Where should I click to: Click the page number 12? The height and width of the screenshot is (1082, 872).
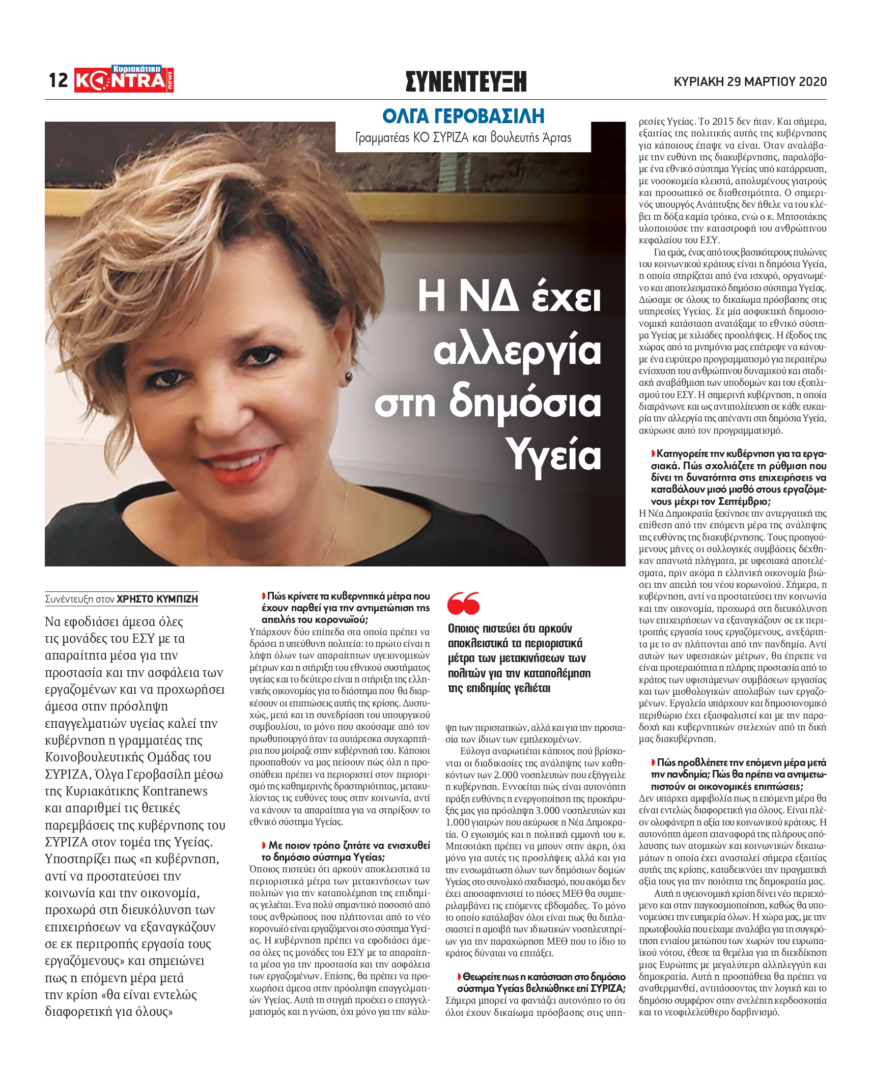58,80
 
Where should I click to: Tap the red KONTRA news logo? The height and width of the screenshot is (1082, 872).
124,79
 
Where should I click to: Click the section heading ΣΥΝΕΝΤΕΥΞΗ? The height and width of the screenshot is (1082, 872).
466,81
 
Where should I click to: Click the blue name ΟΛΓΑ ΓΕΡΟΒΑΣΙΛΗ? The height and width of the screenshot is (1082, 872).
463,116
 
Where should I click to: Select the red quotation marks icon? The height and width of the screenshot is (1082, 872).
464,603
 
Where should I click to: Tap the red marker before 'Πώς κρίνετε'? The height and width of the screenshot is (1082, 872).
264,596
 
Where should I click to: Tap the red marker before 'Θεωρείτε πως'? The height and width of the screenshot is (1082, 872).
459,977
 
